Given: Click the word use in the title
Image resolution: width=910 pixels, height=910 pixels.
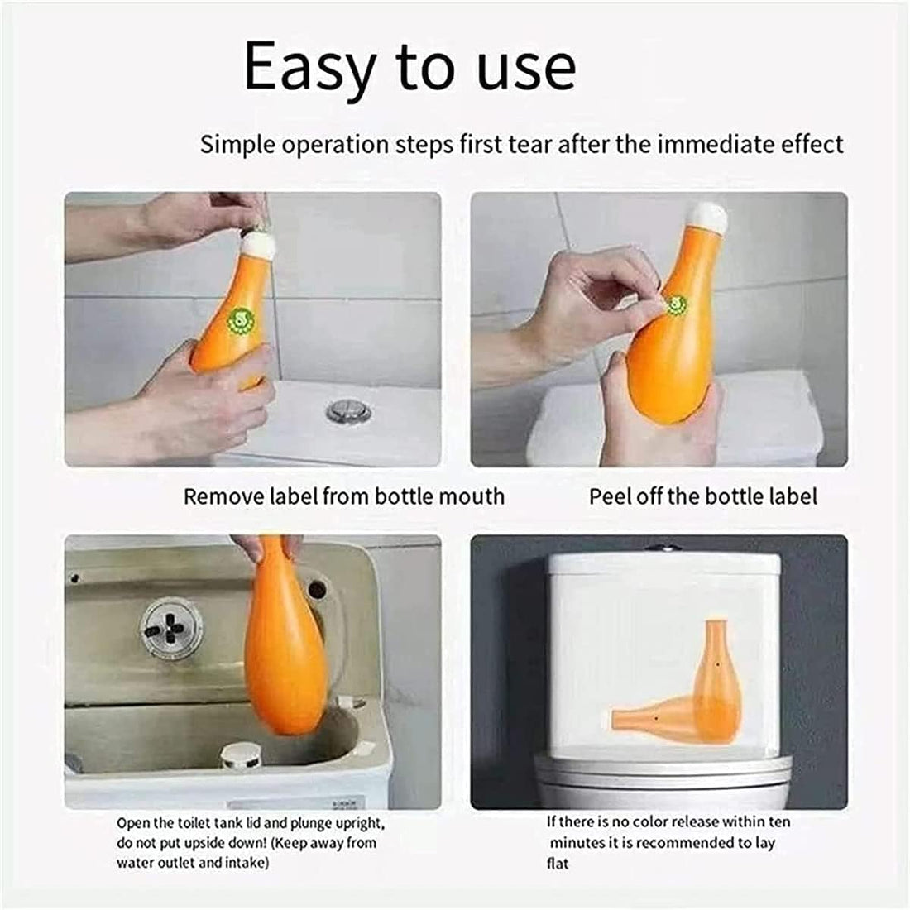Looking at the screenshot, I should (x=526, y=68).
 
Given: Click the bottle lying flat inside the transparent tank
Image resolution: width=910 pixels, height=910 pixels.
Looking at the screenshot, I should (x=662, y=716).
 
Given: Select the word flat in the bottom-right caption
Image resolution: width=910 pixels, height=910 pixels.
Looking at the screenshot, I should (x=558, y=864).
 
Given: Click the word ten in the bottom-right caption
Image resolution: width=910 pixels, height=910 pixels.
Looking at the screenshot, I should (x=779, y=822).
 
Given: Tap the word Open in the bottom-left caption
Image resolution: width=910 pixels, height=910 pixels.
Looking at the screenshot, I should (x=132, y=823).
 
